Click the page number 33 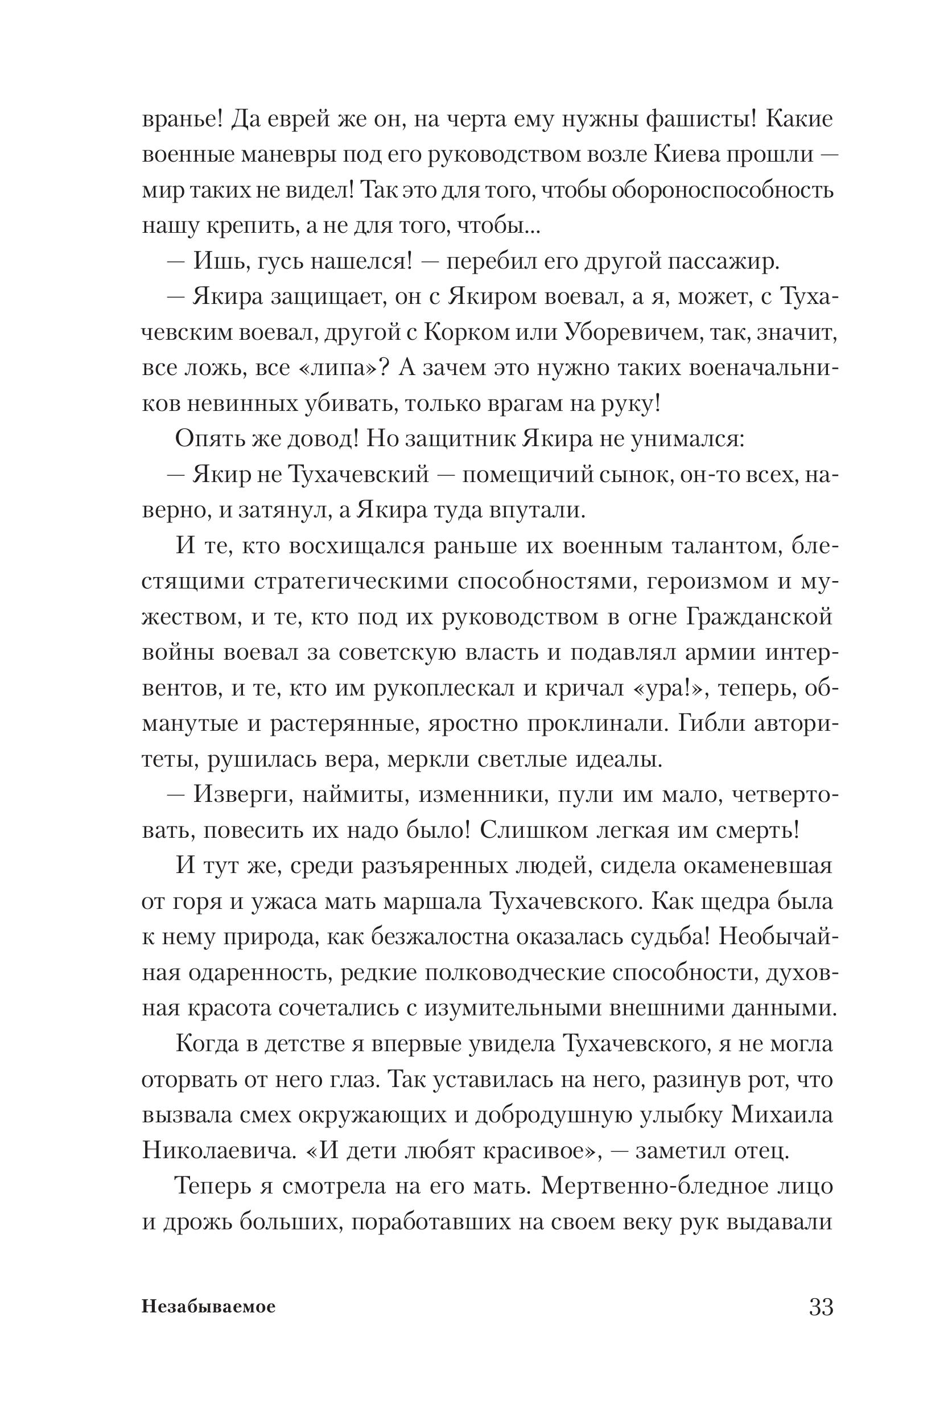(821, 1307)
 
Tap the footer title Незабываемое (209, 1307)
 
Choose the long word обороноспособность (723, 191)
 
